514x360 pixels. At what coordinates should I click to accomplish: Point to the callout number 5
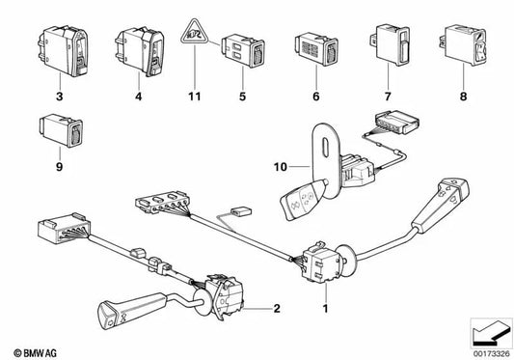pos(242,97)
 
